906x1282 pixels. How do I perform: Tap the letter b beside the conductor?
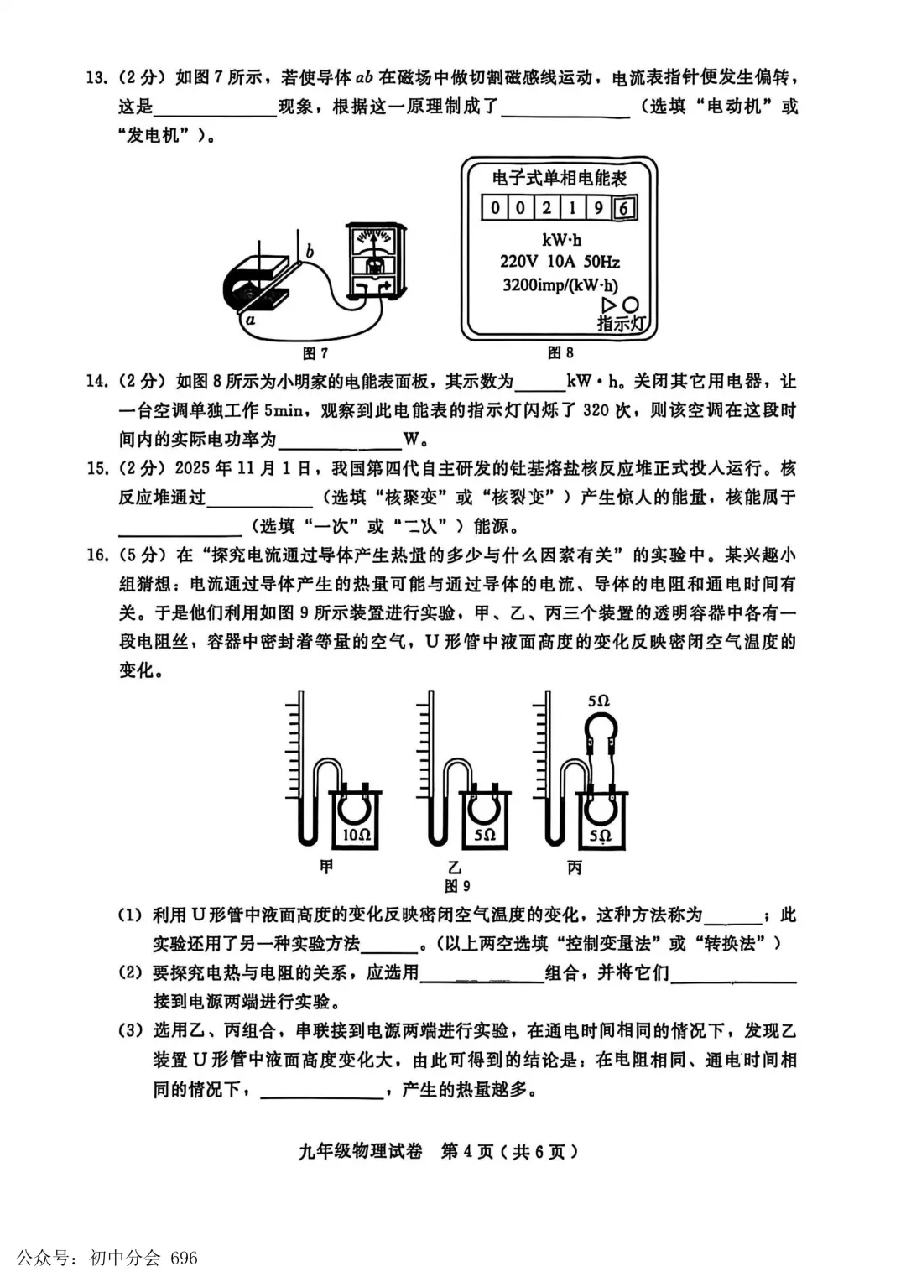point(310,251)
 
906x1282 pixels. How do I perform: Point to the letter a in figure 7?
point(250,320)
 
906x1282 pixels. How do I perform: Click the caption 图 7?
point(315,353)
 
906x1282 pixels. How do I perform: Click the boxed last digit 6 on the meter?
point(624,207)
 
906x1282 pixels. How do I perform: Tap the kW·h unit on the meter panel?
point(561,240)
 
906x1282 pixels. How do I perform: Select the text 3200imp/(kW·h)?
point(560,285)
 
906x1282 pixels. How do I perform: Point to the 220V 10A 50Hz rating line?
point(560,263)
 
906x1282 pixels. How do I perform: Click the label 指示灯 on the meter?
point(622,323)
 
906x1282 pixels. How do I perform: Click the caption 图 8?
point(560,353)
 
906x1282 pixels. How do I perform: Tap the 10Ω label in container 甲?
point(357,835)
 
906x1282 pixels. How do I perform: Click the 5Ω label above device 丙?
point(598,701)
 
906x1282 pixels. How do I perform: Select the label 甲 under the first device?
point(326,867)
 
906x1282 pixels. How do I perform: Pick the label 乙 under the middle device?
point(454,867)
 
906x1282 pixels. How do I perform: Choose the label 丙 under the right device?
point(575,867)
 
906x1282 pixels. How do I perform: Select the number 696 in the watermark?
point(184,1258)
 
